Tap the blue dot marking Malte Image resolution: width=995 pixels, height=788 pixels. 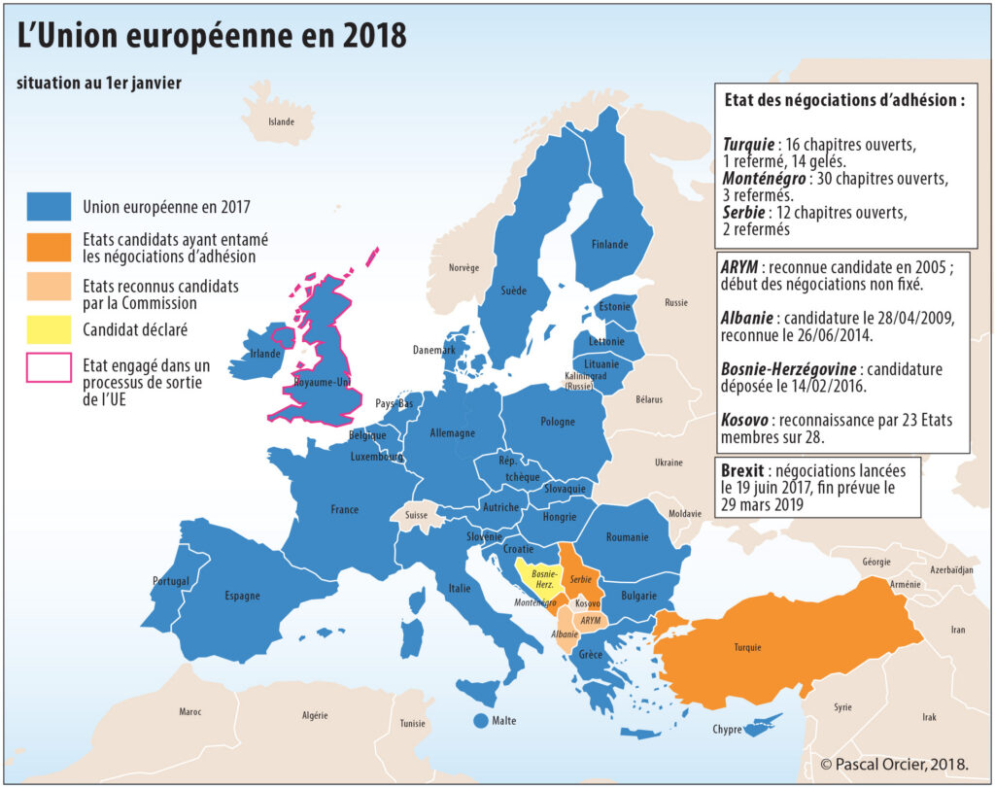tap(479, 721)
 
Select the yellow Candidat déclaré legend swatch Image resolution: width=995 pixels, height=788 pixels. tap(50, 329)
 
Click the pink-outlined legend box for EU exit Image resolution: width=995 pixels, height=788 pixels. tap(50, 367)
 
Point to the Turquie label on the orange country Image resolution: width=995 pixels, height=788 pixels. tap(747, 647)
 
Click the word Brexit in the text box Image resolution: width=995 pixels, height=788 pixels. tap(742, 470)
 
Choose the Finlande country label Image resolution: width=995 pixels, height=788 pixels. tap(609, 245)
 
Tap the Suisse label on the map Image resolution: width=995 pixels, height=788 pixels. tap(416, 515)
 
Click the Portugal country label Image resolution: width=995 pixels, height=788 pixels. tap(171, 581)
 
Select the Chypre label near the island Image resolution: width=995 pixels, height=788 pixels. tap(728, 730)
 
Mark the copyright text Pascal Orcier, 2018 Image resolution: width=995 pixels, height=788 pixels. tap(894, 763)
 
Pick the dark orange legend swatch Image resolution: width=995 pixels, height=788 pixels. tap(50, 247)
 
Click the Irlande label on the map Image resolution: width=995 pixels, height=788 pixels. tap(265, 354)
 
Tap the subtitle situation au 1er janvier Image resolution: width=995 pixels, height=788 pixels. tap(99, 84)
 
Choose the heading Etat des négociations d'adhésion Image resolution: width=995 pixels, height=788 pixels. tap(844, 100)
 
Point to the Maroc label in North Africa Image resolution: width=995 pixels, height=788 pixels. tap(190, 712)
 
